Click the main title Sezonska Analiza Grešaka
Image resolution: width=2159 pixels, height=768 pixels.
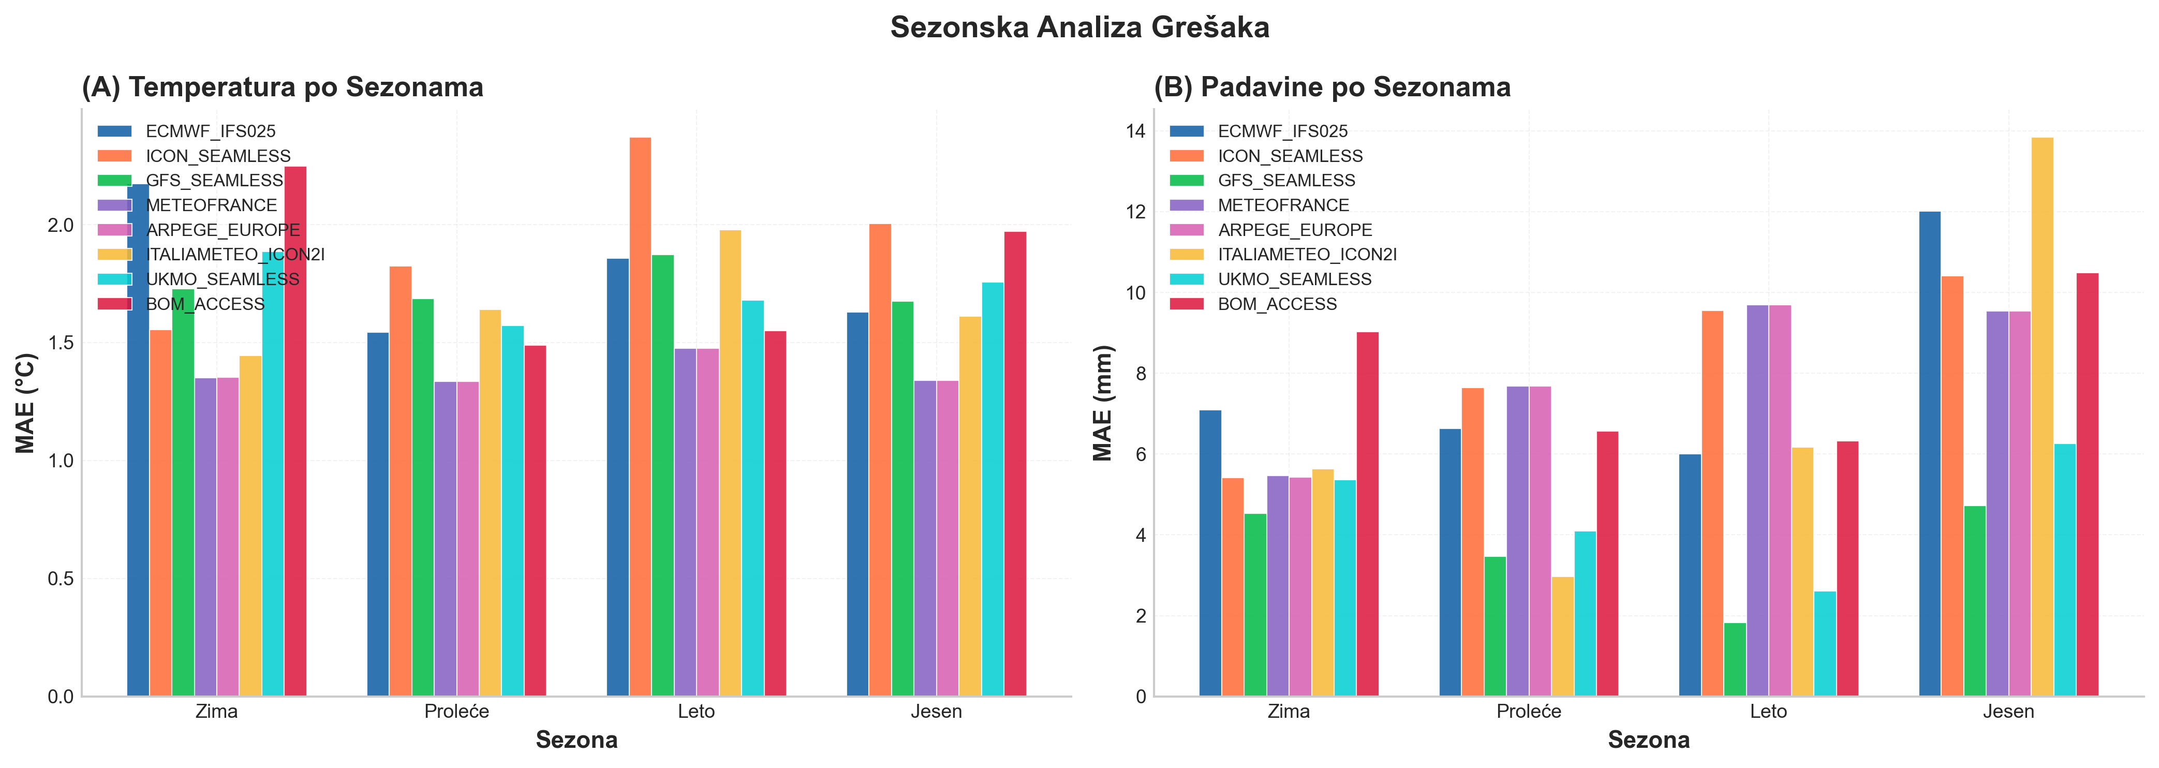pos(1079,27)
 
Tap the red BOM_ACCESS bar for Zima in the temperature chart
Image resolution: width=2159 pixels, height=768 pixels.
pos(295,431)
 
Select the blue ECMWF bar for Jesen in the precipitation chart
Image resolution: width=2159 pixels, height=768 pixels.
pos(1929,453)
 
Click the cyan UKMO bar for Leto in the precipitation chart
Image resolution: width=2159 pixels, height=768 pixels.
pos(1825,644)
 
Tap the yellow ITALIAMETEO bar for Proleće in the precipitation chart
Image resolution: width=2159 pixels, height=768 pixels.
pos(1562,637)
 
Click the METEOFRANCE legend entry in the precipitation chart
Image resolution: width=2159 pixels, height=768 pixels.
pos(1283,205)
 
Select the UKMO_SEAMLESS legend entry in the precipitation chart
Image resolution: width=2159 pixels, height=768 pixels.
pos(1294,279)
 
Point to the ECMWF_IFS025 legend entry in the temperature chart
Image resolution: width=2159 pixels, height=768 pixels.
pos(211,131)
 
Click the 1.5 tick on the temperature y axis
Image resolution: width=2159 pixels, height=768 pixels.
pos(61,343)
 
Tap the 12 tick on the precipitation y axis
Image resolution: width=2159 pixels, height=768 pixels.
pos(1135,212)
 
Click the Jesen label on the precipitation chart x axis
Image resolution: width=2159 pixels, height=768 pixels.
pos(2008,712)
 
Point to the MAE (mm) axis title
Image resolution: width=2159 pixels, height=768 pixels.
pos(1102,403)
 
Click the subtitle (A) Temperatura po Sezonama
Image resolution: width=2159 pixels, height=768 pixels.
pos(283,87)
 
